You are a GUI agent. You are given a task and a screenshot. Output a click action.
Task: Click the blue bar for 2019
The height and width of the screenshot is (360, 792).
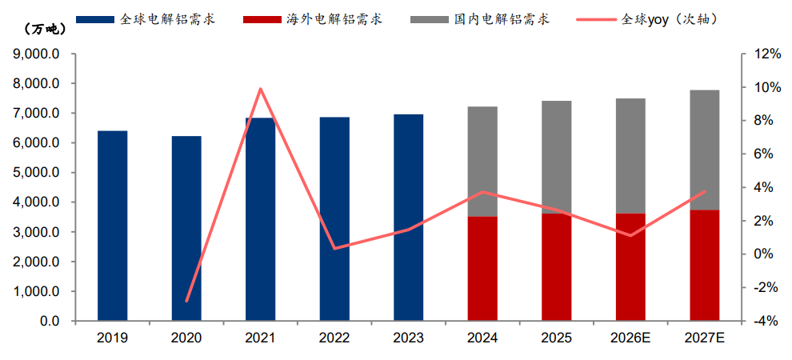pyautogui.click(x=112, y=226)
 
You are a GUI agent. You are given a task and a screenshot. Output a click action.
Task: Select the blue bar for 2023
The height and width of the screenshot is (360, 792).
pyautogui.click(x=409, y=218)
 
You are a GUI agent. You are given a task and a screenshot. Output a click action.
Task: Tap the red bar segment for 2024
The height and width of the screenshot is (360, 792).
pyautogui.click(x=483, y=269)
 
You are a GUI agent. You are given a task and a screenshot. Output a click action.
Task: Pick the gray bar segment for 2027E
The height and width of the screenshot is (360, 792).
pyautogui.click(x=705, y=150)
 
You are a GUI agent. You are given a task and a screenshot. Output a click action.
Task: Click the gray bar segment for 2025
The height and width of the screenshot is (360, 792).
pyautogui.click(x=557, y=157)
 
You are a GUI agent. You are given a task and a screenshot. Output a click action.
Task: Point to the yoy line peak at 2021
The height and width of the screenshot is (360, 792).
pyautogui.click(x=261, y=89)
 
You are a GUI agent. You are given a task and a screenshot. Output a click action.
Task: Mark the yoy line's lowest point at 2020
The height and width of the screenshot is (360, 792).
pyautogui.click(x=186, y=301)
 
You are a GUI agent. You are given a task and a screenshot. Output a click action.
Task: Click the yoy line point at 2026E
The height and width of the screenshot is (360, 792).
pyautogui.click(x=631, y=235)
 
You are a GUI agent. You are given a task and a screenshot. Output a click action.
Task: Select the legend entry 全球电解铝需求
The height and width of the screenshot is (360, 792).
pyautogui.click(x=146, y=20)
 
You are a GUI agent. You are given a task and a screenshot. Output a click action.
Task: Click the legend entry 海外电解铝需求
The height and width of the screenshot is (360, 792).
pyautogui.click(x=313, y=20)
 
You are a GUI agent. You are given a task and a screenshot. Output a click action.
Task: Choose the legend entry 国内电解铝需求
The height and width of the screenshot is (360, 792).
pyautogui.click(x=480, y=20)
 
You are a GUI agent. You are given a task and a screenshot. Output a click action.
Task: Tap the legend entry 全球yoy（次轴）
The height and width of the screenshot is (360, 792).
pyautogui.click(x=648, y=20)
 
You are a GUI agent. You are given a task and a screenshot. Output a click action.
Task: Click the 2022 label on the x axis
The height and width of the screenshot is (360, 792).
pyautogui.click(x=335, y=338)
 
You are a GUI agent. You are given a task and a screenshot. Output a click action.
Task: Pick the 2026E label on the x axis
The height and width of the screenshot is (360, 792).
pyautogui.click(x=631, y=338)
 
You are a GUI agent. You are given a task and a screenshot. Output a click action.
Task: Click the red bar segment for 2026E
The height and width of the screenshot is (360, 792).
pyautogui.click(x=631, y=267)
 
